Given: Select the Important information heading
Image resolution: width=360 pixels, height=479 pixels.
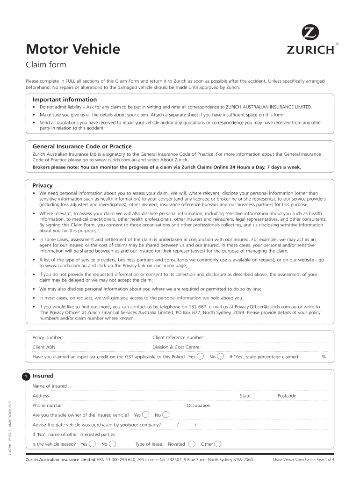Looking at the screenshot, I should [65, 100].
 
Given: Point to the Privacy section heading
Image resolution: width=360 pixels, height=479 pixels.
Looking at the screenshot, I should [42, 186].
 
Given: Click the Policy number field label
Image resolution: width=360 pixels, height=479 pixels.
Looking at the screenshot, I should [48, 337].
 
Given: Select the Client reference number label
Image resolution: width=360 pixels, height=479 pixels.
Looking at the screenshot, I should [178, 337].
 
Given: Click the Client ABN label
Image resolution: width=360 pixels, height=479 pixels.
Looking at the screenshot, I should [45, 347].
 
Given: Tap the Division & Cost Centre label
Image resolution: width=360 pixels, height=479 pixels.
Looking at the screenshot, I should [177, 347].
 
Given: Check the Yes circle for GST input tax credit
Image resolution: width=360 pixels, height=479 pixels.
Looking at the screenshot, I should [201, 356].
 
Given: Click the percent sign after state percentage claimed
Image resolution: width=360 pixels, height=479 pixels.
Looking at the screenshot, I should [324, 357].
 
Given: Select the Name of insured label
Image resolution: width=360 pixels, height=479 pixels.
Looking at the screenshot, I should [50, 386].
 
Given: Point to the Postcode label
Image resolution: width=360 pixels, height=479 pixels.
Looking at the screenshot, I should [287, 396].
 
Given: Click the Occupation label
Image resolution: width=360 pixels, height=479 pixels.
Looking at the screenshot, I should [199, 406].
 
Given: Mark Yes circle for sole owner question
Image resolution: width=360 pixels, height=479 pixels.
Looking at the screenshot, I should [146, 415].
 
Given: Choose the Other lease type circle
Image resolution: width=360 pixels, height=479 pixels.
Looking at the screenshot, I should [218, 444].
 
